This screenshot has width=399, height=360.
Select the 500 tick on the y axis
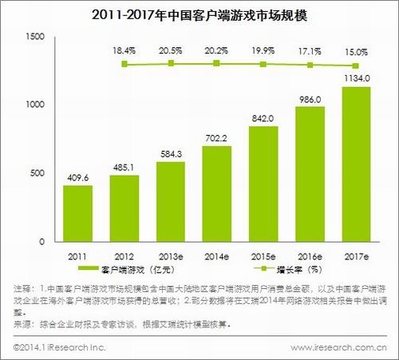(x=38, y=173)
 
